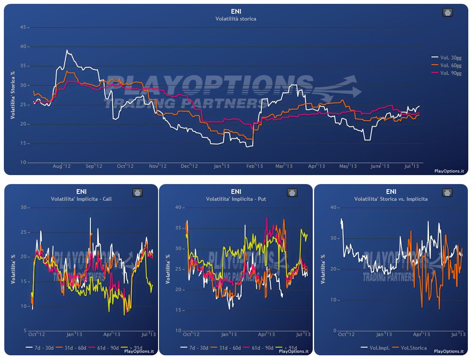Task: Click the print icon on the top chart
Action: (x=447, y=13)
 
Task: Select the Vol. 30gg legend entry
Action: (x=446, y=58)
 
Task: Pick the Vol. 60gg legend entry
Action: (x=446, y=65)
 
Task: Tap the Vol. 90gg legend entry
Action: (x=446, y=73)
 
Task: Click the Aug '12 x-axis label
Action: (x=62, y=166)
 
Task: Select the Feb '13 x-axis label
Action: (x=254, y=166)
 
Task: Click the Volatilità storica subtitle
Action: (x=236, y=19)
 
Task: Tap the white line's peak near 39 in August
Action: (x=67, y=50)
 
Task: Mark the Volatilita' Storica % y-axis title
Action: (x=13, y=95)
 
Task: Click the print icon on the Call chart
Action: (x=138, y=193)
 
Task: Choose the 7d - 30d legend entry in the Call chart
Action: (x=39, y=348)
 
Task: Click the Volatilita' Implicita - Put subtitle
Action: (x=236, y=199)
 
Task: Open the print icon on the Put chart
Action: (x=292, y=193)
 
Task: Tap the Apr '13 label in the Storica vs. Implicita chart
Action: (x=422, y=334)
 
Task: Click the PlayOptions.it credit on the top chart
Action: (x=449, y=171)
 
